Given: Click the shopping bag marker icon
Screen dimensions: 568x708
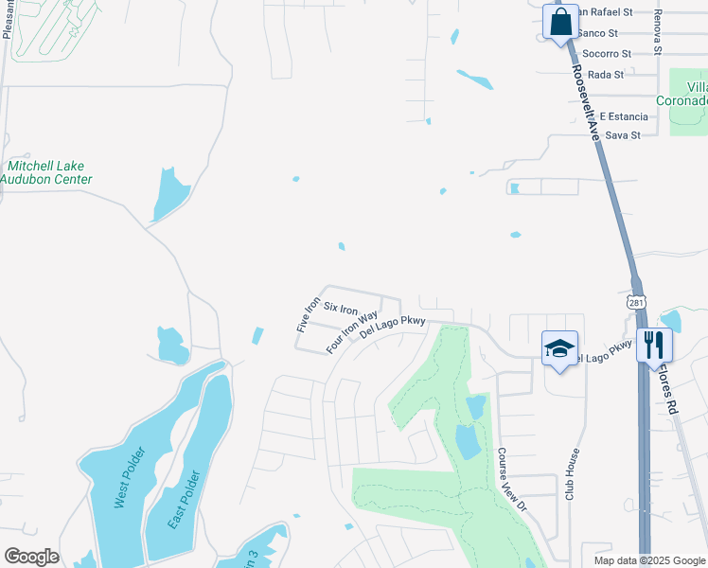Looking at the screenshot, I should (x=560, y=22).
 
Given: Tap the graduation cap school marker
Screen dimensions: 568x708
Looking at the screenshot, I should (x=559, y=348).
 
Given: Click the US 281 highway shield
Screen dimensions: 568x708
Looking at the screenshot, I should (x=636, y=300).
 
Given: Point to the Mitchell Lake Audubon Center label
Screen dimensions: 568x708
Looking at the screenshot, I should (x=46, y=172).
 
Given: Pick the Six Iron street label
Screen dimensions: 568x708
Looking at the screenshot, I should (x=341, y=308).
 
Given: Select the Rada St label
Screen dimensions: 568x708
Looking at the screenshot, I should (x=605, y=75).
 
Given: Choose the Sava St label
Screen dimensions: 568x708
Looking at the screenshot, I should (x=623, y=135).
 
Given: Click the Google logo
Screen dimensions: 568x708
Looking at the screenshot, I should (x=31, y=556).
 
